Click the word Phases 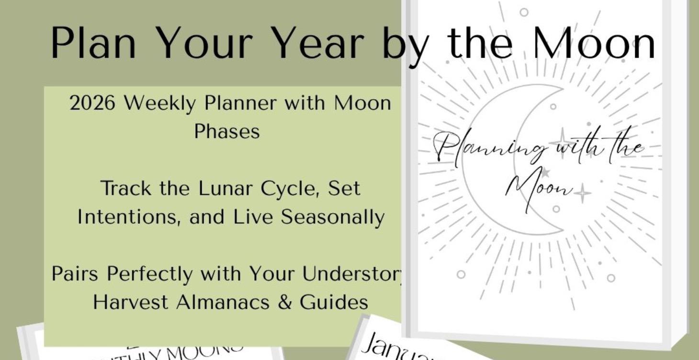(x=227, y=131)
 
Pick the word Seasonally (x=333, y=217)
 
